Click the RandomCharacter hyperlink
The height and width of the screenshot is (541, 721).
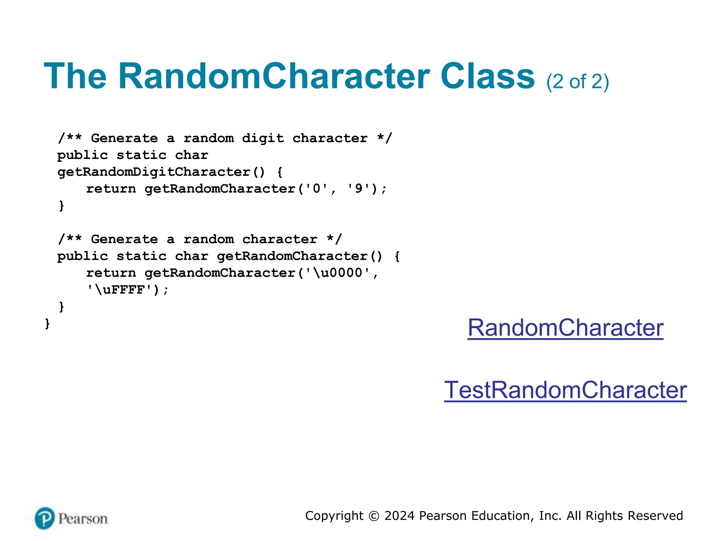tap(565, 328)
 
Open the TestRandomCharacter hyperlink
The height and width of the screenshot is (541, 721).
tap(565, 390)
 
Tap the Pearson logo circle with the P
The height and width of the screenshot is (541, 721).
tap(45, 518)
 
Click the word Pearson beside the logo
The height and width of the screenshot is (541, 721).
tap(83, 519)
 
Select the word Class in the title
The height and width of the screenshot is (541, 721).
tap(488, 76)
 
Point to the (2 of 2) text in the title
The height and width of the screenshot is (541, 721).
tap(577, 82)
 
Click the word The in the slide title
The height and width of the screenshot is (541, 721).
tap(75, 76)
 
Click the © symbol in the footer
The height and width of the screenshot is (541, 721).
tap(374, 516)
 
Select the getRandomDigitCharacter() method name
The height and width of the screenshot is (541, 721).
tap(161, 172)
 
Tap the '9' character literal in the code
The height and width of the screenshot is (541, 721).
tap(358, 189)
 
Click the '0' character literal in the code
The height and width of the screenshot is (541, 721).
tap(316, 189)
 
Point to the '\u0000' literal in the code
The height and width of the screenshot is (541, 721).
tap(338, 273)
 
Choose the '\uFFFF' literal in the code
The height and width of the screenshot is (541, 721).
tap(120, 290)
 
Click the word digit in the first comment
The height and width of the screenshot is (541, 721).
tap(263, 138)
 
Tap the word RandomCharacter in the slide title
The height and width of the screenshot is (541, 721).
tap(274, 76)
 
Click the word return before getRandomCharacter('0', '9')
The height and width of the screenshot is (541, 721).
tap(111, 189)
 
